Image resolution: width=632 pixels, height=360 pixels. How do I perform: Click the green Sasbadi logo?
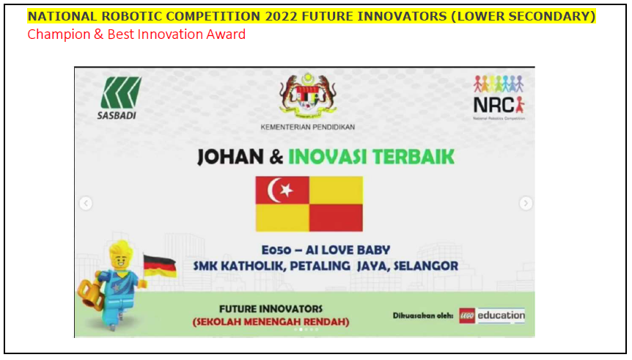[121, 92]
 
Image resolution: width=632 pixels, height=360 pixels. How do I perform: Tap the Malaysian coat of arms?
[308, 95]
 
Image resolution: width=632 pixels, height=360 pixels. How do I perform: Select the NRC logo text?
[493, 106]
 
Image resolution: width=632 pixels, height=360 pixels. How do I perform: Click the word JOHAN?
[230, 157]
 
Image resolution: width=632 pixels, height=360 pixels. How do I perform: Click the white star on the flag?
[287, 190]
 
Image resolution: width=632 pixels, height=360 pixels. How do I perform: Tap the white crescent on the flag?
[274, 191]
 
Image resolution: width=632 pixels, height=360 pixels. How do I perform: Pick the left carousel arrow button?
[86, 203]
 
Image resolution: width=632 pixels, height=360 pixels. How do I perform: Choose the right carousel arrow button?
[526, 203]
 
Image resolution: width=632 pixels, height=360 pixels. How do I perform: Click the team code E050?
[276, 250]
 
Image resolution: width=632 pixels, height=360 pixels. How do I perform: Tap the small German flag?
[160, 266]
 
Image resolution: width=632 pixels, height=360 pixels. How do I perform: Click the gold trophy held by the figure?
[91, 295]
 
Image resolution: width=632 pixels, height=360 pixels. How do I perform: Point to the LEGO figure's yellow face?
[120, 262]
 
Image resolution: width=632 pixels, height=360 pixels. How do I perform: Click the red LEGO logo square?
[467, 316]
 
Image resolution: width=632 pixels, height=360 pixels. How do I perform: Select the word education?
[501, 315]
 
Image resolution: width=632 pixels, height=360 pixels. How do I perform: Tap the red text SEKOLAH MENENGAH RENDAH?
[271, 322]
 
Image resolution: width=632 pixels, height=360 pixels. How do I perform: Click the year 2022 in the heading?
[282, 16]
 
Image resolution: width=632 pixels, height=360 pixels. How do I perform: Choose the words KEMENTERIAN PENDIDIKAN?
[307, 127]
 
